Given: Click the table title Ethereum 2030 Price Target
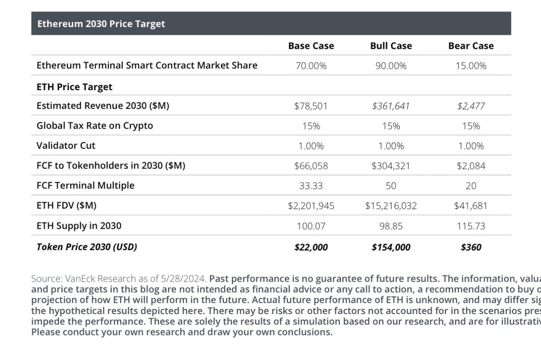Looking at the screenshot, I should pyautogui.click(x=101, y=24).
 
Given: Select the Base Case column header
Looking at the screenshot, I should pyautogui.click(x=311, y=46).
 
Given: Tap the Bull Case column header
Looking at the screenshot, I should pyautogui.click(x=391, y=46).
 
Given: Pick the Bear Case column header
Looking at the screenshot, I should pyautogui.click(x=471, y=46).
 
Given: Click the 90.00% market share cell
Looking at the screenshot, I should pyautogui.click(x=391, y=66).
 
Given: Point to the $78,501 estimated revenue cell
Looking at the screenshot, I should pyautogui.click(x=311, y=106).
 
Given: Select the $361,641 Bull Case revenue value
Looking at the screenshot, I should pyautogui.click(x=391, y=106).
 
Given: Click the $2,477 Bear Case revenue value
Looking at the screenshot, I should pyautogui.click(x=471, y=106).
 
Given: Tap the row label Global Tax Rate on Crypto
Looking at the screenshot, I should pyautogui.click(x=95, y=126).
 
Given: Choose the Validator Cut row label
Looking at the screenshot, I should pyautogui.click(x=66, y=146).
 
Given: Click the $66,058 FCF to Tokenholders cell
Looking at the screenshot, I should pyautogui.click(x=311, y=166).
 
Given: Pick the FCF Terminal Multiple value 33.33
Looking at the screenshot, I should pyautogui.click(x=311, y=186).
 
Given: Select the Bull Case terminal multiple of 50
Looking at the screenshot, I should pyautogui.click(x=391, y=186).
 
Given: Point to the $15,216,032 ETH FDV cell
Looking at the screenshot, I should pyautogui.click(x=391, y=206).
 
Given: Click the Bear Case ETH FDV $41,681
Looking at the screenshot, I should pyautogui.click(x=471, y=206).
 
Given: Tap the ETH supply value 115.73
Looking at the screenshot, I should pyautogui.click(x=471, y=226).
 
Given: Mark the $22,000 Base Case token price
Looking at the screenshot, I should pyautogui.click(x=311, y=247).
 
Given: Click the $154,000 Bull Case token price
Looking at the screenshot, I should pyautogui.click(x=391, y=247).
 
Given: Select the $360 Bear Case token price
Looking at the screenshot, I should pyautogui.click(x=471, y=247).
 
